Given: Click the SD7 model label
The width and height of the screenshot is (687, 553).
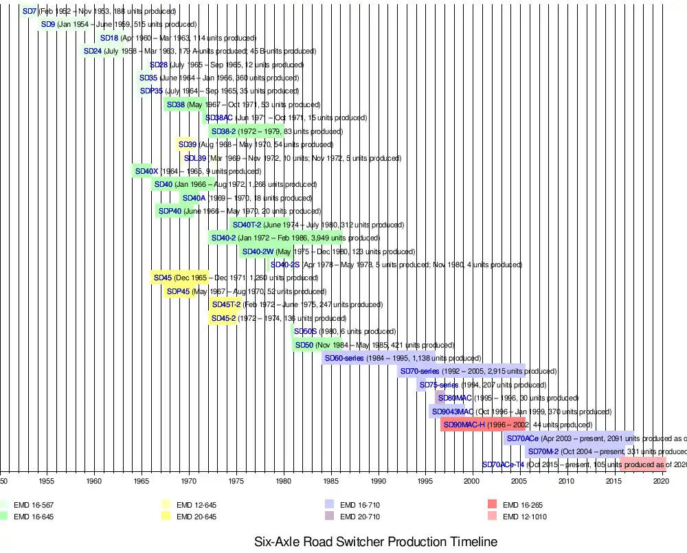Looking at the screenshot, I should click(30, 12).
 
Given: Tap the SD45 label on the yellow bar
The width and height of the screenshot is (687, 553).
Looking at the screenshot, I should click(163, 278).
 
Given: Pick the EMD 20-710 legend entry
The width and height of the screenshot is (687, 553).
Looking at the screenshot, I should click(360, 517).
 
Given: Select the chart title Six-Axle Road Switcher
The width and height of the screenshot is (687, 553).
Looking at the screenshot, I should click(376, 541).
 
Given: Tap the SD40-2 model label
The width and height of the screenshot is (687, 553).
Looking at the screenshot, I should click(224, 238).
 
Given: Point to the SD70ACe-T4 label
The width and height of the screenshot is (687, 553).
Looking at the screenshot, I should click(503, 465).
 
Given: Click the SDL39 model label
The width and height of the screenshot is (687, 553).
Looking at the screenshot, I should click(195, 158).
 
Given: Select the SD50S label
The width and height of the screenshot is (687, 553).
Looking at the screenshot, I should click(305, 332).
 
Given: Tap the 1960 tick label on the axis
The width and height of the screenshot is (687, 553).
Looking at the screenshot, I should click(94, 481).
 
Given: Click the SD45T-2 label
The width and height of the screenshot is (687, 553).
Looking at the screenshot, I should click(226, 304).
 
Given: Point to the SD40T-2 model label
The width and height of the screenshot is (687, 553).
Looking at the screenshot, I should click(247, 225).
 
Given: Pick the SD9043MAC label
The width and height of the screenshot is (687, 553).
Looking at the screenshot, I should click(452, 411).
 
